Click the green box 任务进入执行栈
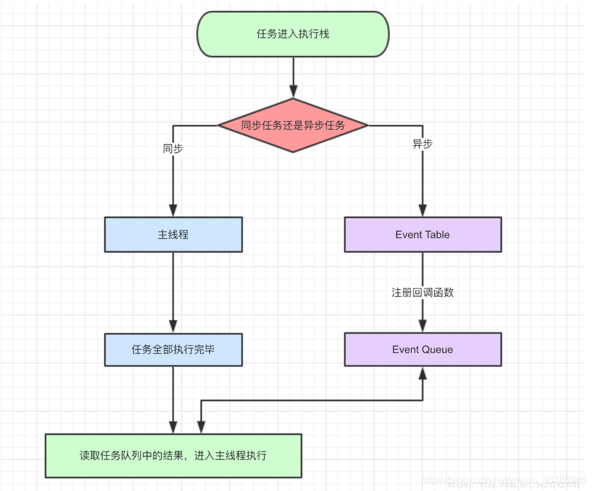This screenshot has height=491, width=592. point(293,34)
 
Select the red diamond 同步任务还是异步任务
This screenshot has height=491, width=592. point(293,126)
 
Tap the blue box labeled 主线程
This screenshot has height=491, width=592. point(173,235)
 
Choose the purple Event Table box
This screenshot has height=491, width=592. point(423,235)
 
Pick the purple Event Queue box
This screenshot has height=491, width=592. point(423,349)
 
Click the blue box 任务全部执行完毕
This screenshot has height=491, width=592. point(173,350)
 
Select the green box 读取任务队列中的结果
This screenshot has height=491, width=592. point(173,455)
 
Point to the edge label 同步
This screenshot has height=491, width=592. point(173,149)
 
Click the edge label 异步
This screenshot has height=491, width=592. point(423,144)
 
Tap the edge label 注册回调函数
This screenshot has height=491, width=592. point(423,292)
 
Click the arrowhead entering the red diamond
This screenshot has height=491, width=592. point(293,92)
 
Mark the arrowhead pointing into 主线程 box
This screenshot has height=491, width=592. point(173,211)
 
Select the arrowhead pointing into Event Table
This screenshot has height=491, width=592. point(423,211)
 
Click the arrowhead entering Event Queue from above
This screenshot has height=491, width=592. point(423,326)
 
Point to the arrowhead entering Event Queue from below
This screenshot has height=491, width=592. point(423,373)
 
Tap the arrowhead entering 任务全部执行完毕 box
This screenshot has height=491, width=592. point(173,327)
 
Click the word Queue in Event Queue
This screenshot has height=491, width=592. point(437,349)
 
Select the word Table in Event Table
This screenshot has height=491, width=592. point(437,235)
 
